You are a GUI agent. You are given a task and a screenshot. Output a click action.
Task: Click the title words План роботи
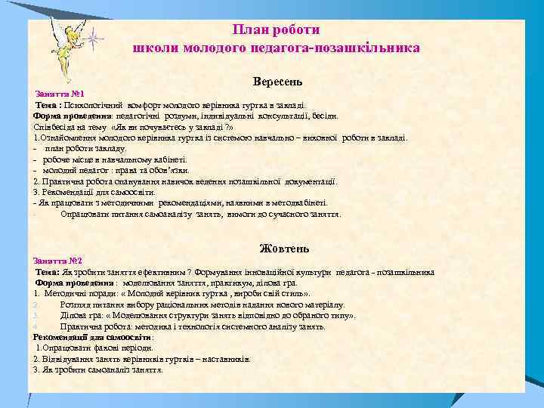point(277,29)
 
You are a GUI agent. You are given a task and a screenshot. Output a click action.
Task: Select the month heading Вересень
point(278,80)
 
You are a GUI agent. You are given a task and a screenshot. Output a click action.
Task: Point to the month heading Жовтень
point(283,249)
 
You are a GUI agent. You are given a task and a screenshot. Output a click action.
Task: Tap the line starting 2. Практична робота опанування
point(185,181)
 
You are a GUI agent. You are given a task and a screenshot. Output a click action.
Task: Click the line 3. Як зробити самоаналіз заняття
point(97,370)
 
